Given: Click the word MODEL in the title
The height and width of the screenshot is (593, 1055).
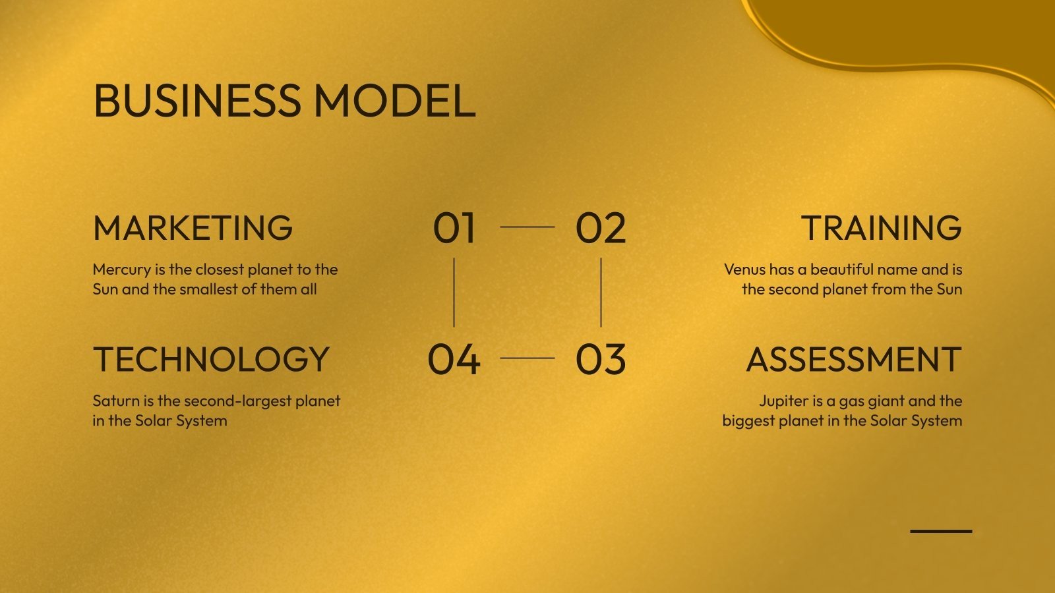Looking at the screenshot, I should (x=394, y=101).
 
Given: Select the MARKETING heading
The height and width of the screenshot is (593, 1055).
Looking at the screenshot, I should (x=193, y=228).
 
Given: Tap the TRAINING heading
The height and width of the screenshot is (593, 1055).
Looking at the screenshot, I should (x=882, y=228).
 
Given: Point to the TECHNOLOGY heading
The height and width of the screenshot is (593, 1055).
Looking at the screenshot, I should (x=211, y=360).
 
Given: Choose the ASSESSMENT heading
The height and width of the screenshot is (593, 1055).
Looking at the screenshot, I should (x=854, y=360).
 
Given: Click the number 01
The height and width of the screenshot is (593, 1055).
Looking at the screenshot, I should (x=454, y=228).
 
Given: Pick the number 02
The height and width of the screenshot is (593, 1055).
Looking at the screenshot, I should (x=600, y=228).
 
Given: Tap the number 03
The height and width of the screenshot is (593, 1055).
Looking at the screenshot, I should (x=600, y=360).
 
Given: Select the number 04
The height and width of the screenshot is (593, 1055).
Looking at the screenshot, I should (x=454, y=360).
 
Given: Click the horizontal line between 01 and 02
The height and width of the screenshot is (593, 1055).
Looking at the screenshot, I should (x=527, y=227).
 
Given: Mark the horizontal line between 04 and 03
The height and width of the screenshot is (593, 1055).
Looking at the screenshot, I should (x=527, y=358).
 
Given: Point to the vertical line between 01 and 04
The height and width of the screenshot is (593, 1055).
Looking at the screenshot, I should (x=454, y=293).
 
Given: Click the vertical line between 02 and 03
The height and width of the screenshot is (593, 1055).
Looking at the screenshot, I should (x=601, y=293).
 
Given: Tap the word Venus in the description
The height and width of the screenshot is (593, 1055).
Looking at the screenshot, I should (x=745, y=269).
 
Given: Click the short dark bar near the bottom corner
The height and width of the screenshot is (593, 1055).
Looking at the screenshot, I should (x=941, y=530).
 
